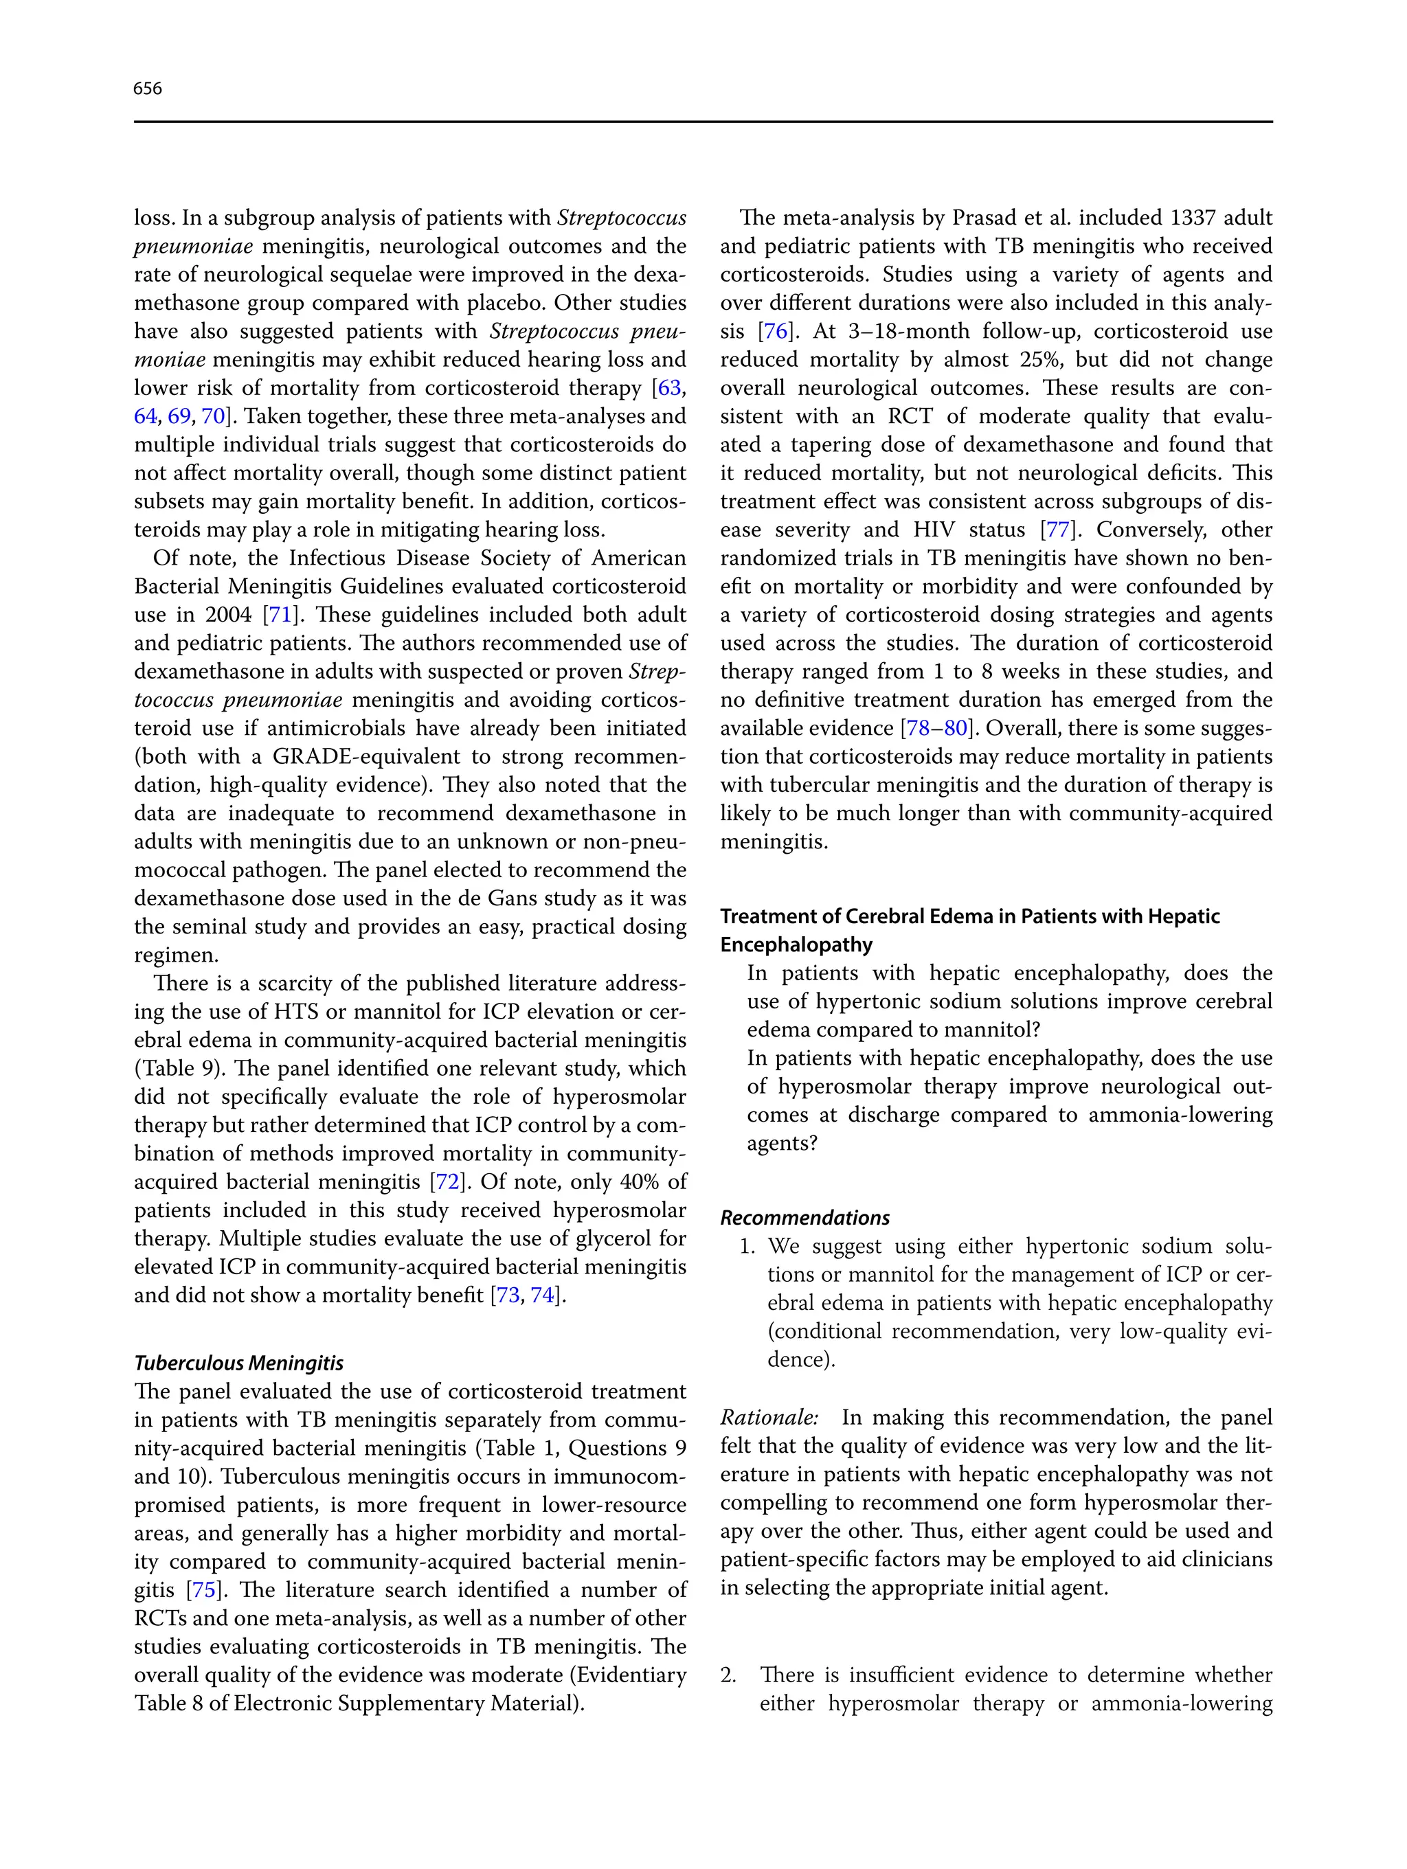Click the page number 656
click(x=147, y=89)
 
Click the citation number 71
click(x=279, y=615)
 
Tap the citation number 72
click(x=448, y=1181)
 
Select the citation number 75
click(x=203, y=1590)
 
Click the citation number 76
click(x=775, y=331)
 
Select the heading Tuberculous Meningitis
click(x=239, y=1363)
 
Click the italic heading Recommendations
click(x=804, y=1218)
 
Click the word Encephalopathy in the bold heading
click(x=796, y=944)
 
